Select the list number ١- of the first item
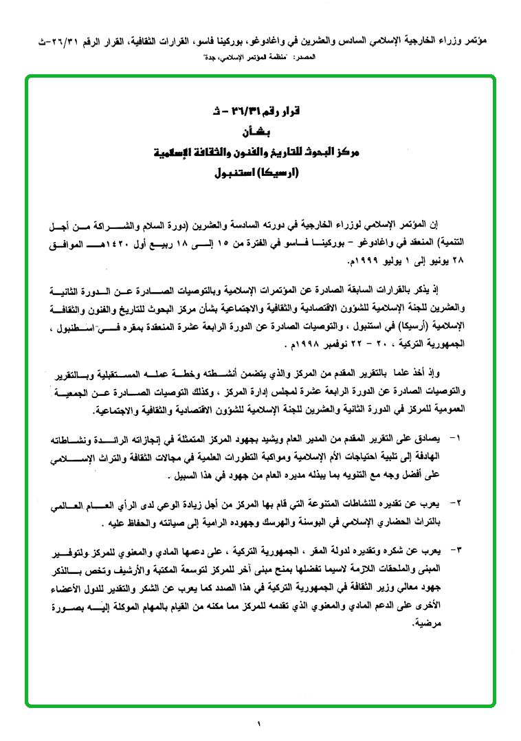455,437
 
